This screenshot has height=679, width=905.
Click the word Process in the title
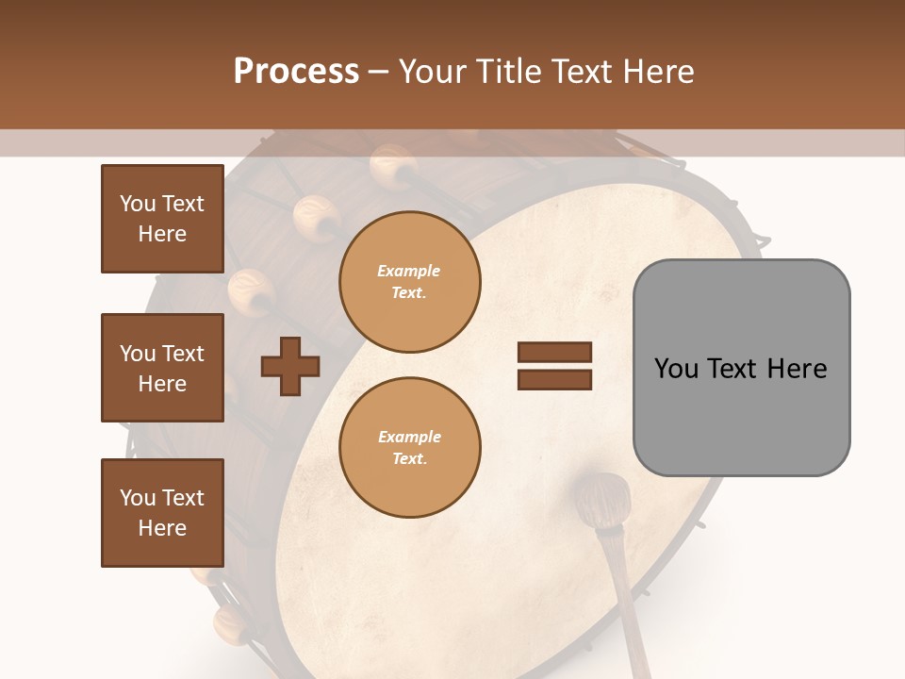click(296, 72)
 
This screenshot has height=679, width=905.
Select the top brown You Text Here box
click(162, 219)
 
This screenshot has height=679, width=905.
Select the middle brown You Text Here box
click(162, 368)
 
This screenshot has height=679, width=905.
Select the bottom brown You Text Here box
click(162, 513)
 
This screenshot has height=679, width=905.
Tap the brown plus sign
click(289, 366)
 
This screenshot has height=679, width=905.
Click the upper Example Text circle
click(409, 281)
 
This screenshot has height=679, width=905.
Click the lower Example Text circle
click(409, 447)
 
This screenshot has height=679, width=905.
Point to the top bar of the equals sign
click(554, 353)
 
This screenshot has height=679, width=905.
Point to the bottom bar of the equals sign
click(554, 379)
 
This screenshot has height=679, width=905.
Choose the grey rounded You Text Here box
click(741, 368)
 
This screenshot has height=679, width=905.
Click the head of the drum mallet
click(603, 500)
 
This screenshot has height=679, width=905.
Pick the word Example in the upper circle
click(409, 272)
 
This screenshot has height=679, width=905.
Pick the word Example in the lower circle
click(409, 438)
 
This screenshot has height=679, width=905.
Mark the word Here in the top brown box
click(162, 234)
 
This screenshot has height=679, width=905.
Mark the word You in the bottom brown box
click(137, 498)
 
